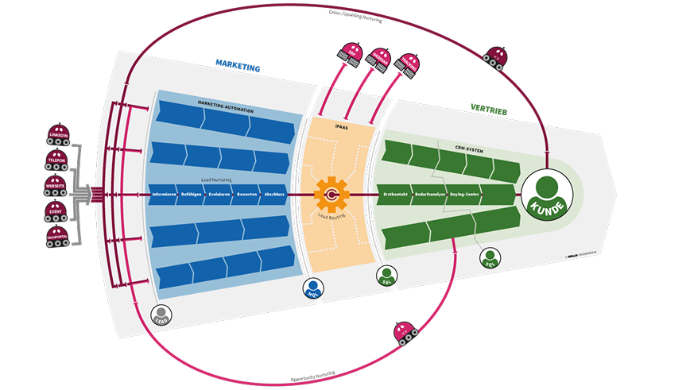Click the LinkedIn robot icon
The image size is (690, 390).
(x=59, y=133)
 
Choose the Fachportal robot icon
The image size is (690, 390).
(x=59, y=236)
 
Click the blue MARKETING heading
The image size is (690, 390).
(x=238, y=68)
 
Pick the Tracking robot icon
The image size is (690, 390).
(x=408, y=63)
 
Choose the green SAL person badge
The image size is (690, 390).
(x=386, y=275)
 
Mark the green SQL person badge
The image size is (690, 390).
(x=490, y=257)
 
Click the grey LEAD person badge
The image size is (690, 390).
(x=162, y=314)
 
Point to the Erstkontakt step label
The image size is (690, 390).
(x=396, y=195)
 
